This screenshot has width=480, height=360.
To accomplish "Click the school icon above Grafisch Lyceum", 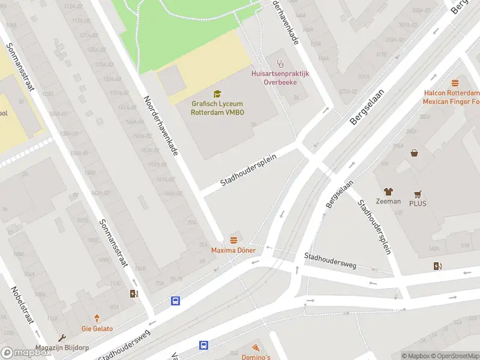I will tap(217, 94).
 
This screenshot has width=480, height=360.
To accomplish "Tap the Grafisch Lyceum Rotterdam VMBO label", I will tap(217, 107).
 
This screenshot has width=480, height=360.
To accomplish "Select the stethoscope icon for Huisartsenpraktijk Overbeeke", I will tap(280, 63).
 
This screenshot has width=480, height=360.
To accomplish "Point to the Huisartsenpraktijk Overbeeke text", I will tap(280, 77).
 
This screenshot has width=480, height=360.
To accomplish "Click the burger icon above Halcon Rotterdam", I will tap(455, 83).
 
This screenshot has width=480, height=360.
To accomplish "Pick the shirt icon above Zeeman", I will tap(388, 191).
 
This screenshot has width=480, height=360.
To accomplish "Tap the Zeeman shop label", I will tap(388, 202).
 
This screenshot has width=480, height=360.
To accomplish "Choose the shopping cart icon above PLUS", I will tap(418, 194).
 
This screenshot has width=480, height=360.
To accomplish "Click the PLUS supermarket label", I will tap(418, 204).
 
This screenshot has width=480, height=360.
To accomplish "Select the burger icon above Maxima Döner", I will tap(233, 240).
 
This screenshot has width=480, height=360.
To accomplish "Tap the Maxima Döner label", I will tap(233, 250).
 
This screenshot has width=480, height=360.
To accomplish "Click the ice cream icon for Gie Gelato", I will tap(97, 319).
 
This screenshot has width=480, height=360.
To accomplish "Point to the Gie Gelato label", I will tap(97, 329).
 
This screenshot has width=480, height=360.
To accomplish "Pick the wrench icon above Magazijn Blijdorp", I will tap(62, 338).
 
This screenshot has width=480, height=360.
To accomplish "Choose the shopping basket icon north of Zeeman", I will tap(414, 153).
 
